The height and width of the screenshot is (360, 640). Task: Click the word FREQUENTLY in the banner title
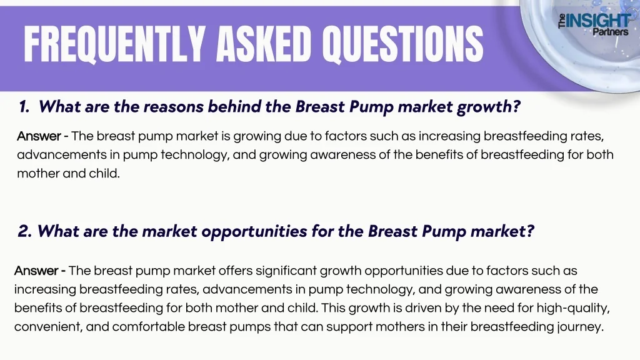(114, 44)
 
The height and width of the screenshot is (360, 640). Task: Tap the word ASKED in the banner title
(264, 44)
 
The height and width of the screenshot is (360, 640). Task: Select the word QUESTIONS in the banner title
(403, 44)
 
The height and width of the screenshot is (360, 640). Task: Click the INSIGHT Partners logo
(594, 24)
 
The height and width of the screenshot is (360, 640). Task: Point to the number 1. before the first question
(24, 107)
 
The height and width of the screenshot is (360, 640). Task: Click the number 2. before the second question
(24, 231)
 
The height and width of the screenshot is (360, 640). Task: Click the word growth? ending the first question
(489, 107)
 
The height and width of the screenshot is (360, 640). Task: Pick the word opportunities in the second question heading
(254, 232)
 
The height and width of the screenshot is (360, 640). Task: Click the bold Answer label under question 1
(39, 136)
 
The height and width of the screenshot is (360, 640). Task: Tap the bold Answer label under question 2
(36, 271)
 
